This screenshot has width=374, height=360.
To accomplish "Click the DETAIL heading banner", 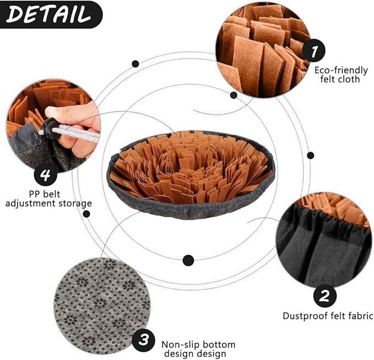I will (x=50, y=14).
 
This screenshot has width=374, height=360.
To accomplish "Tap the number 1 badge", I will (x=314, y=52).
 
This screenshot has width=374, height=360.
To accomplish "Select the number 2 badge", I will (x=324, y=296).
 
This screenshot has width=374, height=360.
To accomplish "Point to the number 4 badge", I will (x=46, y=176).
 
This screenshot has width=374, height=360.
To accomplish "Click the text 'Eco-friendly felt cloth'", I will (x=337, y=74).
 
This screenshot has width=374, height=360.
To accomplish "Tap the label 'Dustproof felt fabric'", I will (x=328, y=316).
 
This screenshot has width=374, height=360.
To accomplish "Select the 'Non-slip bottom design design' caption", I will (x=193, y=348).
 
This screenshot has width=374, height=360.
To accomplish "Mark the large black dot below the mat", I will (x=188, y=260).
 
